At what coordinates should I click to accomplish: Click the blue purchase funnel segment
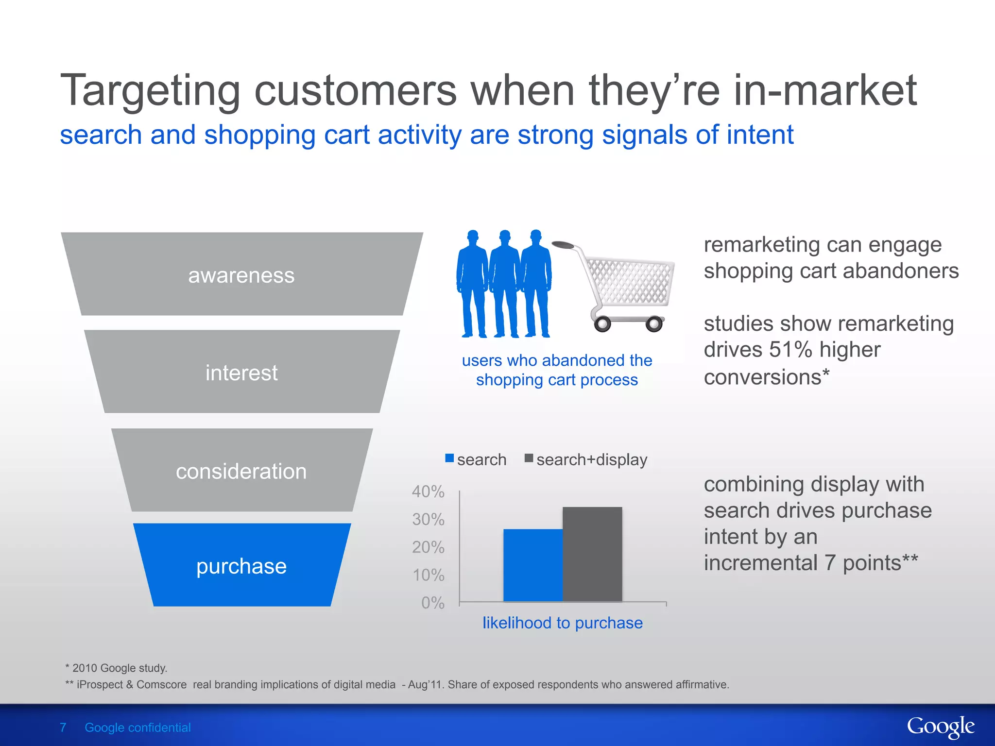[241, 565]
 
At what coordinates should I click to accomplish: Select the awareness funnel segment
[241, 275]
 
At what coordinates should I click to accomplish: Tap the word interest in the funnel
[241, 373]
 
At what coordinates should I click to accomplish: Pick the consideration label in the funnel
[241, 471]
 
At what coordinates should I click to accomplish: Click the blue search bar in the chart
[533, 565]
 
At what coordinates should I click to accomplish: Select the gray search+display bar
[592, 554]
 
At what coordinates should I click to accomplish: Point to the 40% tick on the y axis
[428, 492]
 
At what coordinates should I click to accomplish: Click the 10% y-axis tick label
[428, 575]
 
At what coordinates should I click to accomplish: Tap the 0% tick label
[432, 603]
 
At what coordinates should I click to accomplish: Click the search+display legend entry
[591, 459]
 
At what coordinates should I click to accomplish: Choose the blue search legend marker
[449, 458]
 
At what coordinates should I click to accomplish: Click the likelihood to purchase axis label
[562, 623]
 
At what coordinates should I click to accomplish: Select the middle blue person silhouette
[504, 284]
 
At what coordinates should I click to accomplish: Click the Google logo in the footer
[940, 727]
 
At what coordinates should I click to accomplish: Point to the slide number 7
[63, 728]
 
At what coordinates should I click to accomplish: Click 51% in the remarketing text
[790, 350]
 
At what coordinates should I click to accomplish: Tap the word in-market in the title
[824, 90]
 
